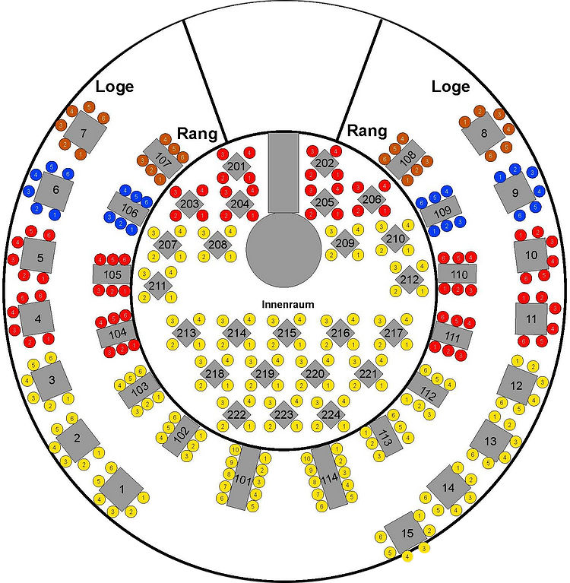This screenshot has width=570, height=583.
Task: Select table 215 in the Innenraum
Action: click(x=286, y=333)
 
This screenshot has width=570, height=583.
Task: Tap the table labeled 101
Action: click(x=242, y=478)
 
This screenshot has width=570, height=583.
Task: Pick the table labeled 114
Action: click(x=328, y=478)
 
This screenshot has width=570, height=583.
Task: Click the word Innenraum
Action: click(x=287, y=304)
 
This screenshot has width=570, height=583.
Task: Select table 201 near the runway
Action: click(x=237, y=166)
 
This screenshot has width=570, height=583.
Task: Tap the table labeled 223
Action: click(x=283, y=414)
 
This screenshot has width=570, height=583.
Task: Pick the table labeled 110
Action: click(x=458, y=274)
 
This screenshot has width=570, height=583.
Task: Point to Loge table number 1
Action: click(x=122, y=488)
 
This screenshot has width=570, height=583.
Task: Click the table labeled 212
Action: click(x=409, y=280)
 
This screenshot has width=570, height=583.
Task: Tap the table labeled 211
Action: click(x=157, y=286)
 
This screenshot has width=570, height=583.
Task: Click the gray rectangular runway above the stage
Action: click(x=283, y=171)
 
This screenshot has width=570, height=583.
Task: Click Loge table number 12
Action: click(x=517, y=385)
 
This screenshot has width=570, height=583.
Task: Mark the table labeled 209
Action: click(x=344, y=243)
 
